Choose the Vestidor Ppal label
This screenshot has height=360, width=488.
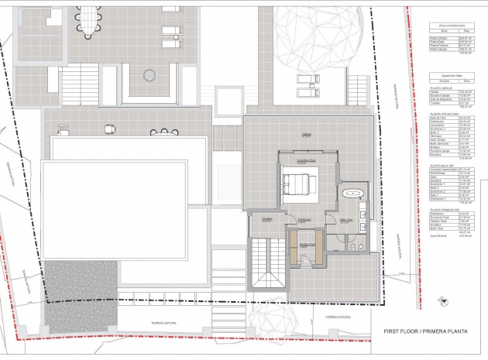[x=304, y=245]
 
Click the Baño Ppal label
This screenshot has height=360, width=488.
[x=345, y=221]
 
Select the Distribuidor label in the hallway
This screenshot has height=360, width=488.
[x=304, y=220]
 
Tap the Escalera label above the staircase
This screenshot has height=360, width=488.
[x=266, y=220]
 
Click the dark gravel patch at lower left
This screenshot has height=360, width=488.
[x=77, y=279]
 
